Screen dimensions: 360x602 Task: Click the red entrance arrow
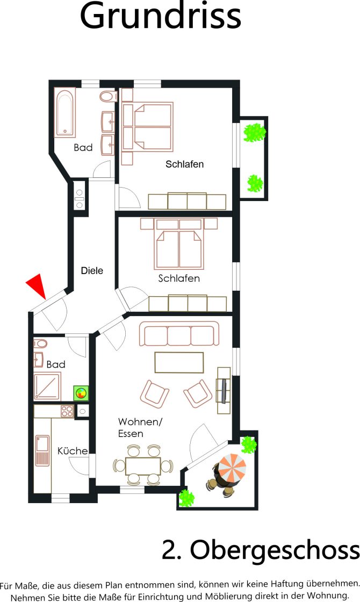point(37,284)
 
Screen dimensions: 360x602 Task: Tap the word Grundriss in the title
point(161,16)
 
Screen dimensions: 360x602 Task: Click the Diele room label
point(92,271)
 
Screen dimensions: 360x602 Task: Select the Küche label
point(73,450)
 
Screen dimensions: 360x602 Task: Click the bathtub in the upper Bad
point(65,113)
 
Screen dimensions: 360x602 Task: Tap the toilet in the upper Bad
point(108,96)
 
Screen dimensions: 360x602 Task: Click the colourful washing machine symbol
point(81,393)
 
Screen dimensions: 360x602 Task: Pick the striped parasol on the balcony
point(232,468)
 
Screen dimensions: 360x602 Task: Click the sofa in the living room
point(179,334)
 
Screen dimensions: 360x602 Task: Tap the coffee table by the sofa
point(179,362)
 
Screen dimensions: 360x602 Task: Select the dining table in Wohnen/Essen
point(143,466)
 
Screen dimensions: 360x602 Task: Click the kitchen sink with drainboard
point(42,450)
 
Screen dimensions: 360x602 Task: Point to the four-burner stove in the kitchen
point(67,411)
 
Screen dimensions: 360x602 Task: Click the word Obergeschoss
point(275,550)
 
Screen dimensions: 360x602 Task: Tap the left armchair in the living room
point(154,393)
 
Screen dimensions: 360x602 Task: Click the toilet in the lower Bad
point(40,343)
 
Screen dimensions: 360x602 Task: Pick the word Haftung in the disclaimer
point(287,584)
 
